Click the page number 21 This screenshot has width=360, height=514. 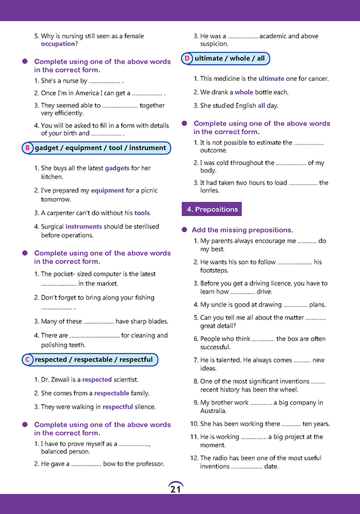point(176,489)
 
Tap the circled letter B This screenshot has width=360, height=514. point(27,148)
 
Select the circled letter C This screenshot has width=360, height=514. point(27,360)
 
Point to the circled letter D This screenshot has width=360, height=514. point(187,58)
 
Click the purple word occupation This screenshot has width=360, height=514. point(58,44)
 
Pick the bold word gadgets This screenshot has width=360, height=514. point(117,168)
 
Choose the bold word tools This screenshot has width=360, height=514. point(142,213)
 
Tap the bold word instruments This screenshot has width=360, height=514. point(83,226)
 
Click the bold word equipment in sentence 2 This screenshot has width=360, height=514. point(107,191)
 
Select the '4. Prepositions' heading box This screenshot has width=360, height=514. point(212,209)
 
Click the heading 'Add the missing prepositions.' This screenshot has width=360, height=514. point(243,230)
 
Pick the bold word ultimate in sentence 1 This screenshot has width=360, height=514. point(271,79)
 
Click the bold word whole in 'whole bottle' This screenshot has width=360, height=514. point(244,92)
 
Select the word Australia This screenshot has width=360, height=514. point(213,411)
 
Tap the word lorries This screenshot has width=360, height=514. point(210,191)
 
